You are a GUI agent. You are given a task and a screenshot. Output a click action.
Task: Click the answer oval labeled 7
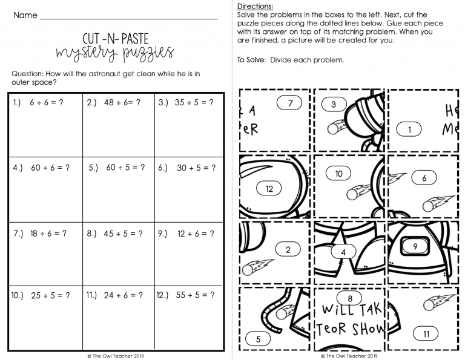click(x=291, y=103)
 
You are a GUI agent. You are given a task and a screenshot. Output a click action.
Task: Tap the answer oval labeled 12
click(x=269, y=189)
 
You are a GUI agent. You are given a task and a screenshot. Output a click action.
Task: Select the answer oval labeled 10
click(x=338, y=174)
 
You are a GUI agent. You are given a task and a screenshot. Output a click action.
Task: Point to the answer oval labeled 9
click(x=415, y=246)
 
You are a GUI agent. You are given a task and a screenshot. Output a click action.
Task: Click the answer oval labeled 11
click(x=426, y=333)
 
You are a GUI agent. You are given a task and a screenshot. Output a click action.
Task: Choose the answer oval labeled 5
click(x=258, y=339)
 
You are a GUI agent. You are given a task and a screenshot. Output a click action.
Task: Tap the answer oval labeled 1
click(x=410, y=129)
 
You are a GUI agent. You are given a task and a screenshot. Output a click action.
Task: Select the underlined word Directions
click(x=254, y=6)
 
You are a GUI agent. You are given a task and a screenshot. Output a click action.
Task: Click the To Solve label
click(x=252, y=60)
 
